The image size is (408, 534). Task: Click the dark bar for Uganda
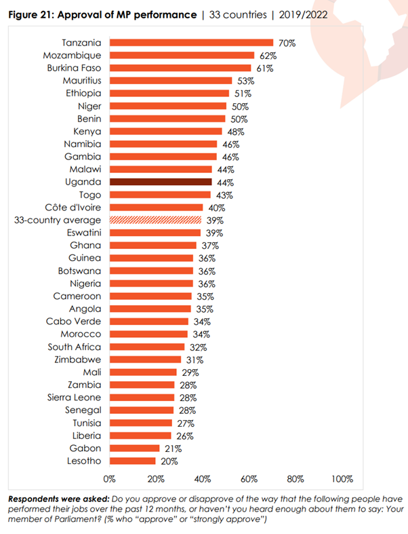(x=161, y=183)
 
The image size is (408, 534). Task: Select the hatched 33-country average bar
(x=156, y=220)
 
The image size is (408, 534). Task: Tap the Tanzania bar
(x=191, y=43)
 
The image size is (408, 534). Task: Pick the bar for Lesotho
(x=132, y=461)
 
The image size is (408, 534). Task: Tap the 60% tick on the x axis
(x=249, y=479)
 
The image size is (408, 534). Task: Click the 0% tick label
(x=110, y=479)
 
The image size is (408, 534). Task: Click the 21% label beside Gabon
(x=170, y=449)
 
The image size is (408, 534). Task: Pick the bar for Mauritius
(x=171, y=81)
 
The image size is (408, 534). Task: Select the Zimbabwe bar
(x=145, y=360)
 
